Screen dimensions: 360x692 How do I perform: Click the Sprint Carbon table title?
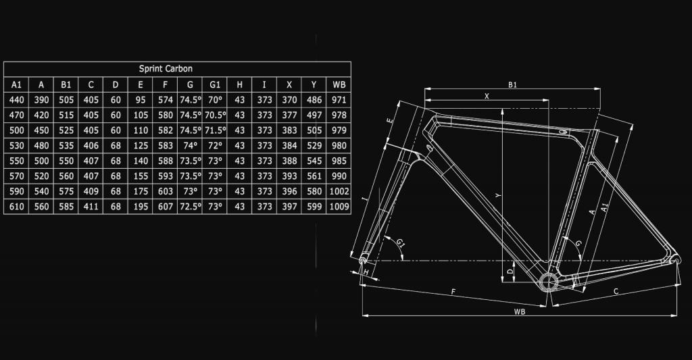click(166, 69)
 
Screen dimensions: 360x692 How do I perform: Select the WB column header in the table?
click(339, 84)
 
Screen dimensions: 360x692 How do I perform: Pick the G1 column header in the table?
click(216, 84)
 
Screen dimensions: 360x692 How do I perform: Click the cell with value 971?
click(339, 100)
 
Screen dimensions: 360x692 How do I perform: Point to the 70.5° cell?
click(216, 115)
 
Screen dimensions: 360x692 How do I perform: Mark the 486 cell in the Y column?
click(314, 100)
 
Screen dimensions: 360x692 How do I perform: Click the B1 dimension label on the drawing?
click(512, 85)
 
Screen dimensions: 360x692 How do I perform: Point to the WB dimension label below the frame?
click(519, 311)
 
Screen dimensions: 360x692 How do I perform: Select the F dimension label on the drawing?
click(453, 291)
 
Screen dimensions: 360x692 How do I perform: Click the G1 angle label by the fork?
click(401, 242)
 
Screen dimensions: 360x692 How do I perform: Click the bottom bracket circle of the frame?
click(548, 280)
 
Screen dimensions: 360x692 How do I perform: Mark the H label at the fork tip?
click(366, 272)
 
